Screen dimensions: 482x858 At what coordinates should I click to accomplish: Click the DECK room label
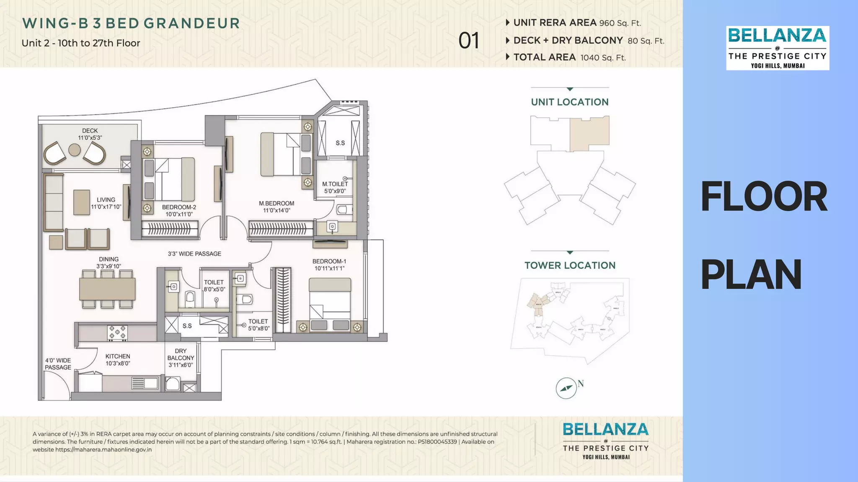[x=90, y=131]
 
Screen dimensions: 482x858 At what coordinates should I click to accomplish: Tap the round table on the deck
[x=75, y=150]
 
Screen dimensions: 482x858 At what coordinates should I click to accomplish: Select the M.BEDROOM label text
[x=277, y=203]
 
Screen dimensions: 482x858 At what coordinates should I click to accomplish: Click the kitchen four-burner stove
[x=117, y=333]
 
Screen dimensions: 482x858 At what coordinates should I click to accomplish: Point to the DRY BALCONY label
[x=181, y=358]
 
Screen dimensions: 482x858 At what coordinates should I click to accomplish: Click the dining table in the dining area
[x=107, y=289]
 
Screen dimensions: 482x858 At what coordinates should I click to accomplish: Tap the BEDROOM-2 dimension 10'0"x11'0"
[x=179, y=214]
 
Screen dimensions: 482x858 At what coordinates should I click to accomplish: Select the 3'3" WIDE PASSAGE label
[x=194, y=254]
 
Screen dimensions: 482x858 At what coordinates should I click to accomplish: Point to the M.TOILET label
[x=335, y=184]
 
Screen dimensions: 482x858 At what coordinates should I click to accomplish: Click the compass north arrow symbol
[x=566, y=388]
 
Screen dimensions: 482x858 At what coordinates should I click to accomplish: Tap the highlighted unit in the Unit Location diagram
[x=589, y=133]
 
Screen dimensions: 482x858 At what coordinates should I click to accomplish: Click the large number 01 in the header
[x=468, y=41]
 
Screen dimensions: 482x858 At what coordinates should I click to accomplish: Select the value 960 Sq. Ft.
[x=620, y=23]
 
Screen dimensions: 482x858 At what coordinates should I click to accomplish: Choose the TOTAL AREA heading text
[x=544, y=57]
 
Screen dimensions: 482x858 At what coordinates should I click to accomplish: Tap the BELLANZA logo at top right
[x=777, y=48]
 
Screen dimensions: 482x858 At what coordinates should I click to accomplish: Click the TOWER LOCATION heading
[x=570, y=265]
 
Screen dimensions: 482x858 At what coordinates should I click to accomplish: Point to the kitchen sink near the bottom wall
[x=145, y=383]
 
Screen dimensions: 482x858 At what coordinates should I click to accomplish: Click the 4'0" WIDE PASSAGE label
[x=58, y=364]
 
